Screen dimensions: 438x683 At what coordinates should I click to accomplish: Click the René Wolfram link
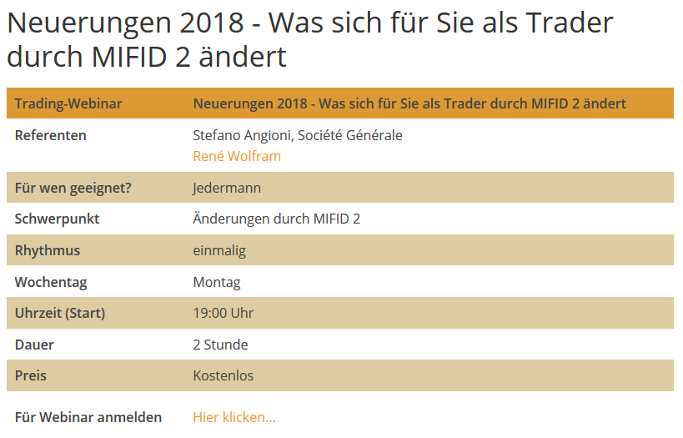[x=237, y=156]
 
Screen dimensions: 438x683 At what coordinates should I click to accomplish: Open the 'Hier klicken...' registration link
[x=234, y=417]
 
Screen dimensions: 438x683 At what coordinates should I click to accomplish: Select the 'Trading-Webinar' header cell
[x=68, y=103]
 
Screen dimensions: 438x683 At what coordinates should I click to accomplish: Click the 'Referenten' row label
[x=51, y=135]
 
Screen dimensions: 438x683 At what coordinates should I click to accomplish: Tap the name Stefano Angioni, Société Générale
[x=298, y=135]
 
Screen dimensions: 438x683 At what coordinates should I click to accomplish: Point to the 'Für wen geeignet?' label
[x=73, y=188]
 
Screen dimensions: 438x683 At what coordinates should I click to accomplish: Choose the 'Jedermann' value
[x=227, y=188]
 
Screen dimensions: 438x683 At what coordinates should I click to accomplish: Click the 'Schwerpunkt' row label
[x=58, y=219]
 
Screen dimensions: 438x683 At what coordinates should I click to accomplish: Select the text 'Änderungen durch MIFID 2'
[x=277, y=219]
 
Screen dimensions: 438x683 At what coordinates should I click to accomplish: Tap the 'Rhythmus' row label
[x=48, y=250]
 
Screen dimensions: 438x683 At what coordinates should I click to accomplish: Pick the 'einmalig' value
[x=219, y=250]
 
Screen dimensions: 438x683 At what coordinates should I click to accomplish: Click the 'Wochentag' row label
[x=51, y=282]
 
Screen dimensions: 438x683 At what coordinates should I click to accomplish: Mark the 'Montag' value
[x=217, y=282]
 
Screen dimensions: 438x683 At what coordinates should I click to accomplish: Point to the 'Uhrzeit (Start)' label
[x=60, y=314]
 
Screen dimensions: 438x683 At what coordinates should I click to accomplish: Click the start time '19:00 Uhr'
[x=223, y=314]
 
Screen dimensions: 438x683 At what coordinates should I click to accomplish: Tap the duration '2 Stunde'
[x=221, y=345]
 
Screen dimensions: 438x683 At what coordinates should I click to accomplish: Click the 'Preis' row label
[x=31, y=375]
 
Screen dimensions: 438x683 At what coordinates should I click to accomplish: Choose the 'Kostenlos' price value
[x=223, y=375]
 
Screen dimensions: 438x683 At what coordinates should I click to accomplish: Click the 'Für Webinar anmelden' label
[x=88, y=417]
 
